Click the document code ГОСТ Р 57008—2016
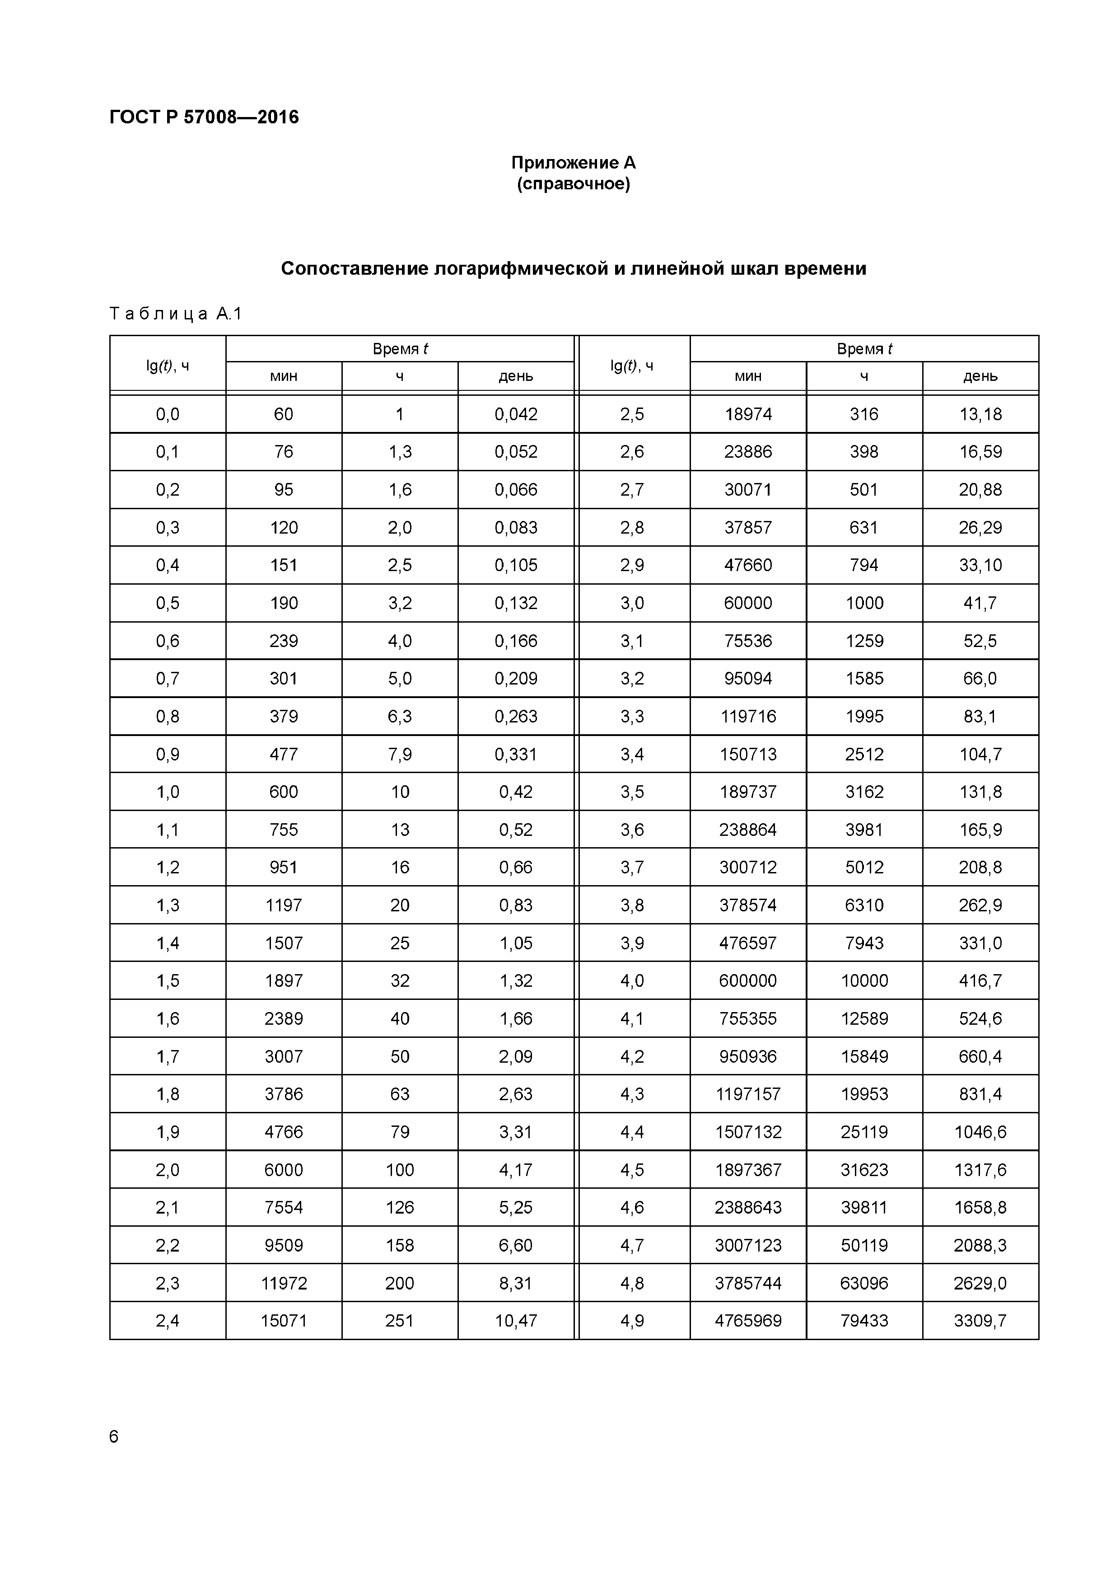[204, 117]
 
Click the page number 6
[114, 1437]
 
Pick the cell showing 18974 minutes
[748, 414]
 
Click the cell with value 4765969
[748, 1321]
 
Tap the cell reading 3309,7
[980, 1321]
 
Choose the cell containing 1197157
[748, 1094]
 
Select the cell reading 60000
[748, 603]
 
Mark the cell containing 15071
[284, 1321]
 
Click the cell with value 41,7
[980, 603]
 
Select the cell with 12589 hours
[864, 1019]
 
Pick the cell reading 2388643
[748, 1207]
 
